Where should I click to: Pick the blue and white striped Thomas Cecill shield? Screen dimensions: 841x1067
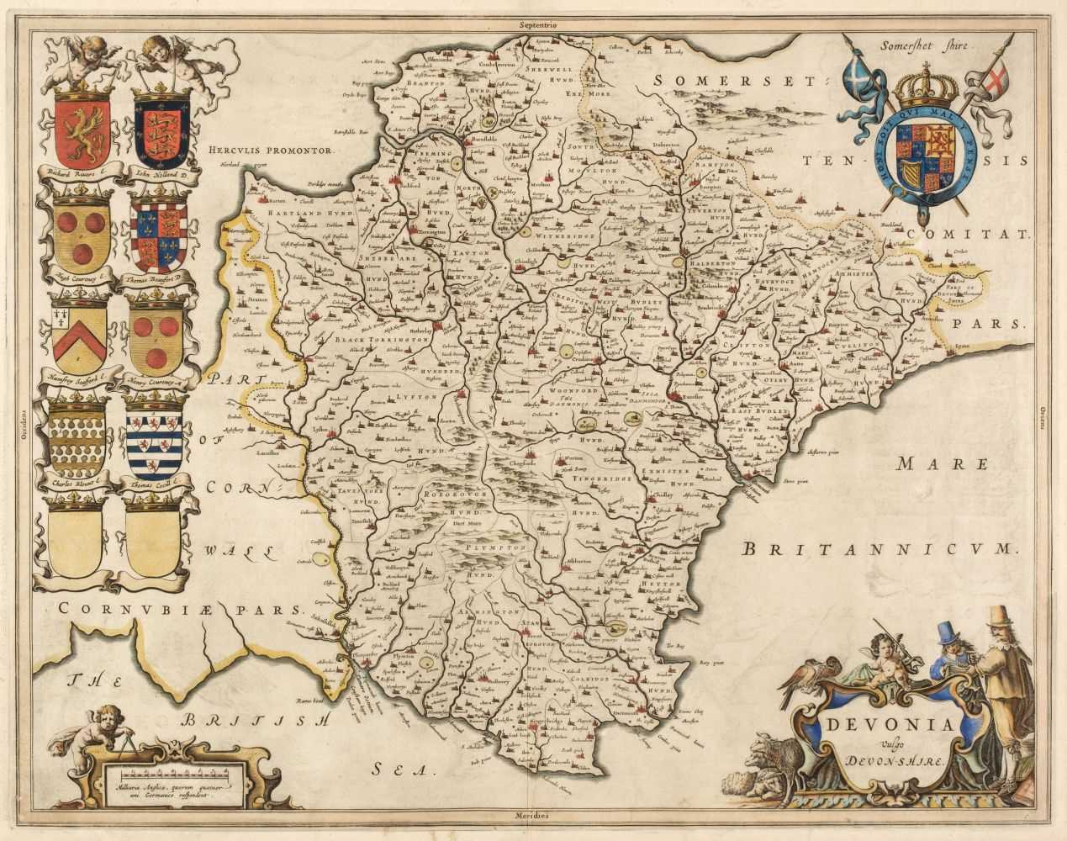click(x=155, y=441)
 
